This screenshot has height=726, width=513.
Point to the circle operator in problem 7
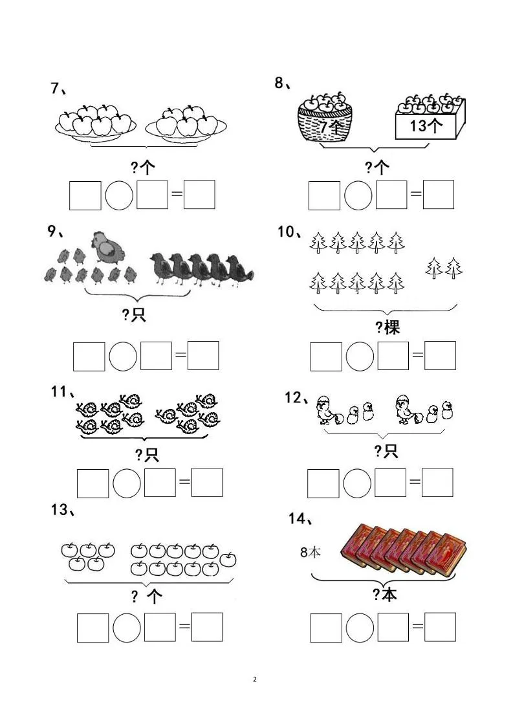(x=119, y=195)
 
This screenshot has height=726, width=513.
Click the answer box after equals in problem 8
(x=438, y=195)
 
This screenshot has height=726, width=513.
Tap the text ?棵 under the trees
(x=387, y=327)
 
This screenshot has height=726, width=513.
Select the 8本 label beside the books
(x=311, y=552)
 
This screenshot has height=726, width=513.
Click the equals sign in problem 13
(x=184, y=627)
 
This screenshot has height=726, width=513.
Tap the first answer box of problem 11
(x=93, y=482)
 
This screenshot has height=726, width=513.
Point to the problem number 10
(x=287, y=232)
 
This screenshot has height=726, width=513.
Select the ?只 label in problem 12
(x=386, y=451)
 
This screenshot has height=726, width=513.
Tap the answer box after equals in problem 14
(x=440, y=627)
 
